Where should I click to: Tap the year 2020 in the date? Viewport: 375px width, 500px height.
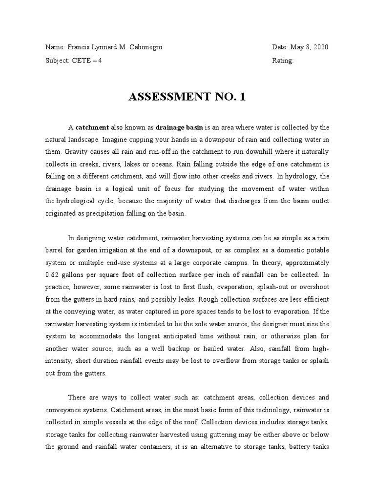click(x=319, y=47)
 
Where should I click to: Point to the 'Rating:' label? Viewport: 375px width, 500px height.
click(x=283, y=61)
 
